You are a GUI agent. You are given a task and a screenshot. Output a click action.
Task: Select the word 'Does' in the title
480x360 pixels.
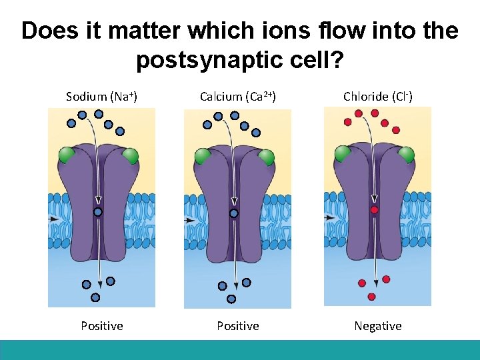[x=47, y=31]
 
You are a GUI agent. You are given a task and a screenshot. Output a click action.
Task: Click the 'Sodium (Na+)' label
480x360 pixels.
[x=101, y=97]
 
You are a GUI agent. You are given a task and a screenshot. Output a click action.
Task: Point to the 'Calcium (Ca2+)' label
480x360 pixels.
[x=238, y=97]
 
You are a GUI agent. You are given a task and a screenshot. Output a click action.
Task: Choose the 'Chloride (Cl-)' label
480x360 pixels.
[x=378, y=97]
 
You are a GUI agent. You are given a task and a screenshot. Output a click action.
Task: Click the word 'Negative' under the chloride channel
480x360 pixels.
[x=378, y=326]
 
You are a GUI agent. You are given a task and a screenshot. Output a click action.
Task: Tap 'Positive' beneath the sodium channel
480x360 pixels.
[x=102, y=326]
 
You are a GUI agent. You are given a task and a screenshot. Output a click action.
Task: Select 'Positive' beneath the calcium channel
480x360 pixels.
[x=238, y=326]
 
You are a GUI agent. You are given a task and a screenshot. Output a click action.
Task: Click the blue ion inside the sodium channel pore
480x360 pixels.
[x=97, y=212]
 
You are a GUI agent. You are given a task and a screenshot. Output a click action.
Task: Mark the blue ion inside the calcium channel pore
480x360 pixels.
[x=234, y=213]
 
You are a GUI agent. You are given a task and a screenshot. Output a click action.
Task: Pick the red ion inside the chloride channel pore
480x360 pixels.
[x=375, y=210]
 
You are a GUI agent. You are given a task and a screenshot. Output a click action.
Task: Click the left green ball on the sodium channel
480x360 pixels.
[x=67, y=156]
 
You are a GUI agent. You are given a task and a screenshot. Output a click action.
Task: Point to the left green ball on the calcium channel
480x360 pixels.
[x=203, y=157]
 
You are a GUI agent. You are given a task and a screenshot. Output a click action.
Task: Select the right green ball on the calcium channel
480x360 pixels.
[x=266, y=157]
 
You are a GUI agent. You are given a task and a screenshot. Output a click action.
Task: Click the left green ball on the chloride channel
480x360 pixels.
[x=342, y=153]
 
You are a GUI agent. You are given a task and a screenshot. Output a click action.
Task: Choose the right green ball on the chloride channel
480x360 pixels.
[x=405, y=154]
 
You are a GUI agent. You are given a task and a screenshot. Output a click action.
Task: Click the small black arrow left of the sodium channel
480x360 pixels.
[x=53, y=219]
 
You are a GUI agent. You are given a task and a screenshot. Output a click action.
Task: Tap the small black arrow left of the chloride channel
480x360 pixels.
[x=329, y=217]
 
